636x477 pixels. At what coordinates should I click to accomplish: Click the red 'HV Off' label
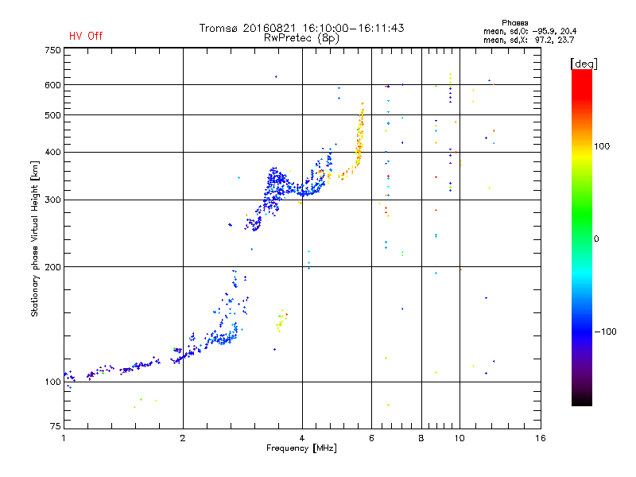85,36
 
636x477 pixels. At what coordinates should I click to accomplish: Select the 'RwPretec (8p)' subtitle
301,37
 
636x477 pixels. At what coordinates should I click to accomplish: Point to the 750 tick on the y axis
52,50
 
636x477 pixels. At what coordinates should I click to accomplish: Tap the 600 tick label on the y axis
52,85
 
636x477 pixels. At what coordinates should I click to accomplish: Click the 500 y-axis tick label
52,115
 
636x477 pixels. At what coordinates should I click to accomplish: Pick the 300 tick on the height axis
52,200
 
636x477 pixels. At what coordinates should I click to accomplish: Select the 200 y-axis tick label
52,267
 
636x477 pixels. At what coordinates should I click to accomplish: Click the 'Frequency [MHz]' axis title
301,449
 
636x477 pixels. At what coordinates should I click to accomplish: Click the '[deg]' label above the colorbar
584,63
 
